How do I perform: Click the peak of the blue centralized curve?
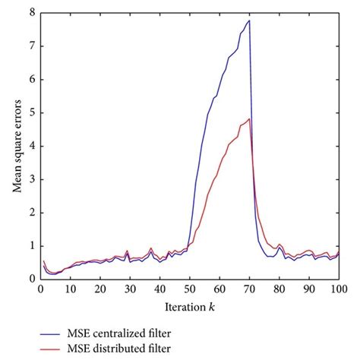tap(249, 21)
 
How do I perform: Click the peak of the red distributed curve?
tap(249, 118)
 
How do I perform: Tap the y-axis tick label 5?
tap(31, 112)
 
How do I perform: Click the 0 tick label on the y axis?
tap(31, 279)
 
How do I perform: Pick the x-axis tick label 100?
tap(338, 289)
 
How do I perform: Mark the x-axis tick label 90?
tap(308, 289)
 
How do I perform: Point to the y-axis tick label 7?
tap(31, 46)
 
